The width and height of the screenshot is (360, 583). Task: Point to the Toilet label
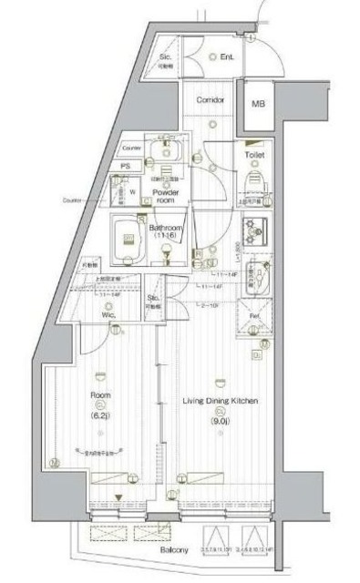255,156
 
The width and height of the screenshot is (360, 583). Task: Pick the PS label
125,166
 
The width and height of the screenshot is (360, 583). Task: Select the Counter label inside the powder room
132,147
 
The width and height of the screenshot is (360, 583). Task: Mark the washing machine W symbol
132,191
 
